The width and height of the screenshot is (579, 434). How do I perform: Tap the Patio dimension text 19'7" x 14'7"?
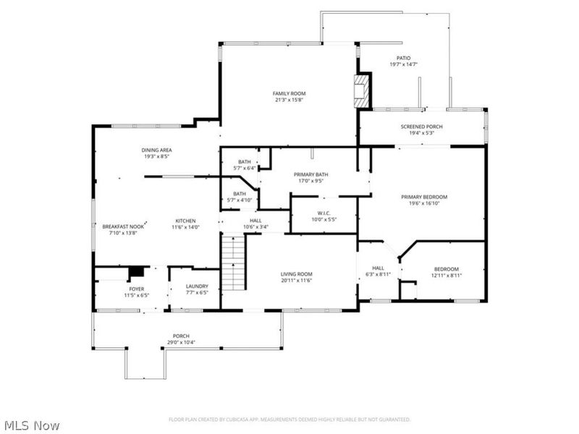pyautogui.click(x=403, y=64)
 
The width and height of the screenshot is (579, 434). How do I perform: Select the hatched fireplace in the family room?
pyautogui.click(x=361, y=90)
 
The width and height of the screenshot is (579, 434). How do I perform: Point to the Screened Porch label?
pyautogui.click(x=422, y=127)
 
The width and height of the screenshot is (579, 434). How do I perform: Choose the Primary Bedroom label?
pyautogui.click(x=424, y=197)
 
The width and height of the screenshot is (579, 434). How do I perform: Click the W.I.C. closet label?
pyautogui.click(x=324, y=213)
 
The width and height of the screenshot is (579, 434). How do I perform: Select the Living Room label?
pyautogui.click(x=297, y=274)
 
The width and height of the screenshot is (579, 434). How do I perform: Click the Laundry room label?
pyautogui.click(x=196, y=286)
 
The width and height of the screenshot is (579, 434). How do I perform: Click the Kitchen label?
pyautogui.click(x=185, y=221)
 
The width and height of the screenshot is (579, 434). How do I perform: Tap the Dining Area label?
pyautogui.click(x=156, y=150)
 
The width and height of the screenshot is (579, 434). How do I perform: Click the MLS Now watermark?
pyautogui.click(x=32, y=426)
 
